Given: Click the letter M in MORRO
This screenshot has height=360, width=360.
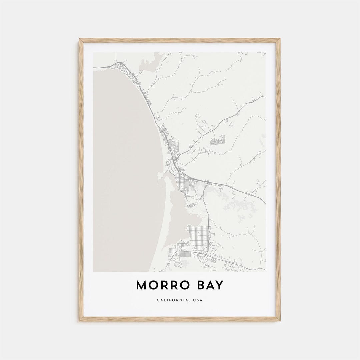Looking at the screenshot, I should [x=141, y=286].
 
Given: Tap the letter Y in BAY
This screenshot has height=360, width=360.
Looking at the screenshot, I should [x=220, y=286].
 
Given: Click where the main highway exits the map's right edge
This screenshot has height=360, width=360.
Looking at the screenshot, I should [x=265, y=202].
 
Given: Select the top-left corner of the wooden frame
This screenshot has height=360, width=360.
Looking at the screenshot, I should [x=80, y=39].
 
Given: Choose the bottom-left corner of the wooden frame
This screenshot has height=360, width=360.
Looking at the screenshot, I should [x=80, y=320].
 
